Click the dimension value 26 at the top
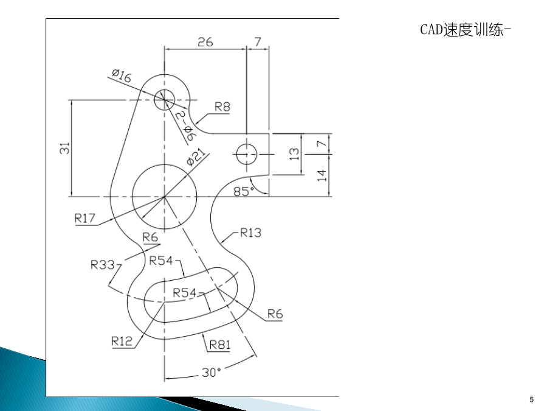pyautogui.click(x=205, y=42)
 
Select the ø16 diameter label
pyautogui.click(x=122, y=76)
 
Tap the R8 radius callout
pyautogui.click(x=222, y=107)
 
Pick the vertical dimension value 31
pyautogui.click(x=65, y=148)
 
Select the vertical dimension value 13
pyautogui.click(x=294, y=154)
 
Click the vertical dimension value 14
pyautogui.click(x=322, y=175)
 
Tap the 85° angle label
pyautogui.click(x=244, y=192)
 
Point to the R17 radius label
pyautogui.click(x=84, y=219)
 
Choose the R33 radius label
pyautogui.click(x=103, y=265)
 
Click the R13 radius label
pyautogui.click(x=251, y=233)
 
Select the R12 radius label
pyautogui.click(x=122, y=341)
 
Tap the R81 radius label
pyautogui.click(x=220, y=345)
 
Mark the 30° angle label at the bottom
pyautogui.click(x=212, y=373)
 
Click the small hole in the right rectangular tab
pyautogui.click(x=247, y=154)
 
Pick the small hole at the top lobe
pyautogui.click(x=164, y=100)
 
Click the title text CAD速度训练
pyautogui.click(x=462, y=30)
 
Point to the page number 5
pyautogui.click(x=531, y=399)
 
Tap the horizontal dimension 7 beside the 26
pyautogui.click(x=258, y=42)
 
